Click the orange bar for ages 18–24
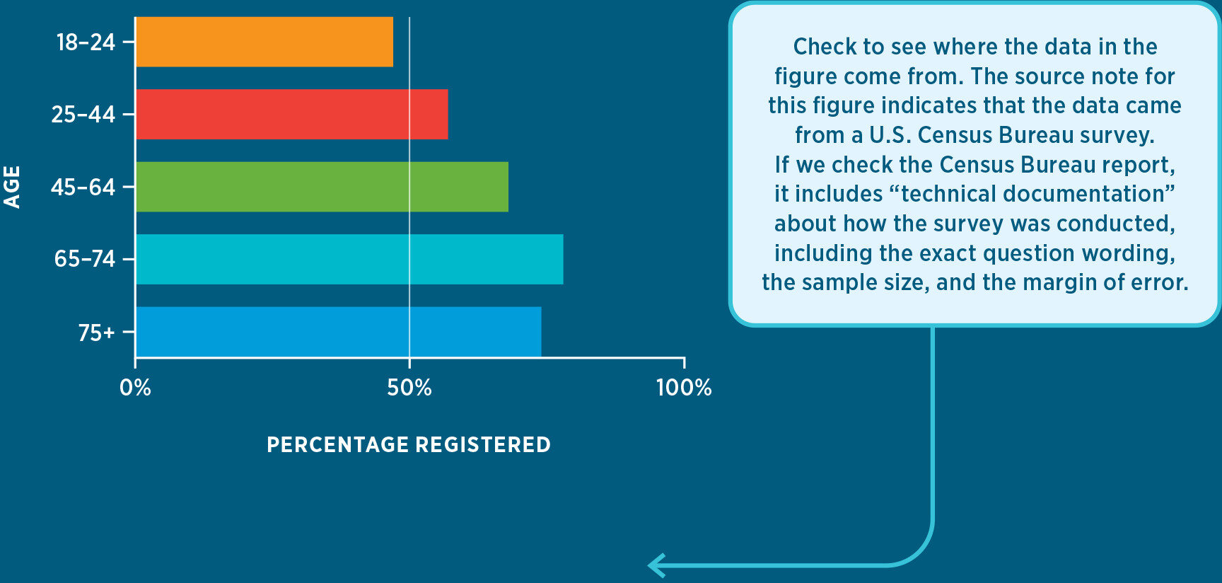(x=264, y=42)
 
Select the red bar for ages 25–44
(x=291, y=114)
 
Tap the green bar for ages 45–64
(x=322, y=187)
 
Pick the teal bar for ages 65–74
(x=349, y=259)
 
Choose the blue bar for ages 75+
(x=338, y=332)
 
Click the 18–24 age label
(x=86, y=42)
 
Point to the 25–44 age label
(x=83, y=115)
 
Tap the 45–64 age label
(x=83, y=187)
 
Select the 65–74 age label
(x=84, y=260)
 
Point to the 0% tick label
(x=135, y=388)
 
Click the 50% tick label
(x=409, y=388)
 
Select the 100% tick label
(x=684, y=388)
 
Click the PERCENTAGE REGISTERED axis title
(x=409, y=444)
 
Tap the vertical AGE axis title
(x=12, y=187)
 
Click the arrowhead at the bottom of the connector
(x=656, y=565)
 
